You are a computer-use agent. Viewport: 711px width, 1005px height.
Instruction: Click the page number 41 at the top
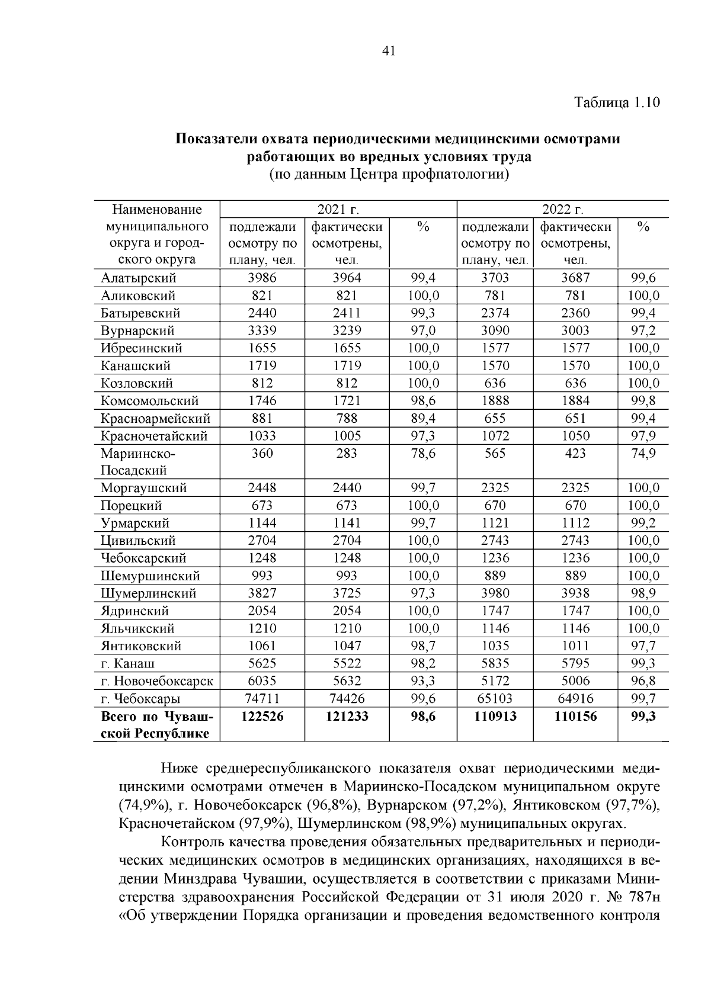click(x=389, y=52)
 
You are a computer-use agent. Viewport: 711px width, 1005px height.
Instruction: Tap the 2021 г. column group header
click(x=338, y=210)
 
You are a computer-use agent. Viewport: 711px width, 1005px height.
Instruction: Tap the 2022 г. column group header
click(x=563, y=210)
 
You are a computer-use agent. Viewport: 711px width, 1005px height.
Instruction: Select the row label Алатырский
click(x=138, y=278)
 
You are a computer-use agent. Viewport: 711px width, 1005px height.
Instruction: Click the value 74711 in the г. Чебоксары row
click(x=262, y=698)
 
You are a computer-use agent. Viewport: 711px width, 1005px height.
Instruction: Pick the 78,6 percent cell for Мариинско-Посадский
click(x=423, y=453)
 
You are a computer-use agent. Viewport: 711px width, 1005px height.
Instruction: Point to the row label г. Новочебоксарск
click(x=157, y=681)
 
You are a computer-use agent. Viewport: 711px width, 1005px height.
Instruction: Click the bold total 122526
click(x=262, y=717)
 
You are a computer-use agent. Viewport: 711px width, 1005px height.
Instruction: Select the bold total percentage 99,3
click(x=643, y=717)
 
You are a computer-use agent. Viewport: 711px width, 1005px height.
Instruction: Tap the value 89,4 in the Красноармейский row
click(x=423, y=418)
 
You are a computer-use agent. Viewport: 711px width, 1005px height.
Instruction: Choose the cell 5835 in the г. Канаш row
click(x=495, y=663)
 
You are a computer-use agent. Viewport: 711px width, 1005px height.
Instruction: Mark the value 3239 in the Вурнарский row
click(x=347, y=330)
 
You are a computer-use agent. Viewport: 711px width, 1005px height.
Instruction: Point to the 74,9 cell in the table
click(x=643, y=453)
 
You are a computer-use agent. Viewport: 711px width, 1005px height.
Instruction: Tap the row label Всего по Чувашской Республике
click(x=156, y=725)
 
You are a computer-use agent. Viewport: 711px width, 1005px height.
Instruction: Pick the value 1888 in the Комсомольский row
click(x=495, y=401)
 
